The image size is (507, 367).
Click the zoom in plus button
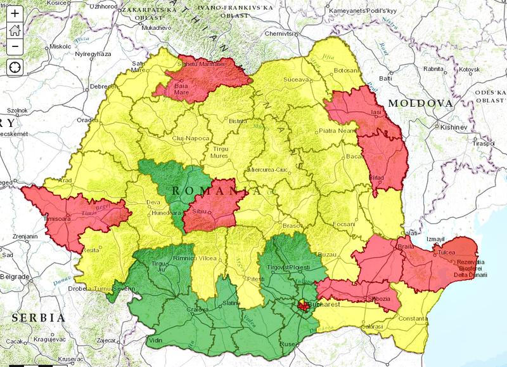[15, 13]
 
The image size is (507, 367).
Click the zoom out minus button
[15, 46]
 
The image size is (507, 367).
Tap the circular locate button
[15, 67]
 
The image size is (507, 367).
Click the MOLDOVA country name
[421, 103]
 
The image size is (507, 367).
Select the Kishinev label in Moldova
[454, 127]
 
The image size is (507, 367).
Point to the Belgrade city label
[14, 277]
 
